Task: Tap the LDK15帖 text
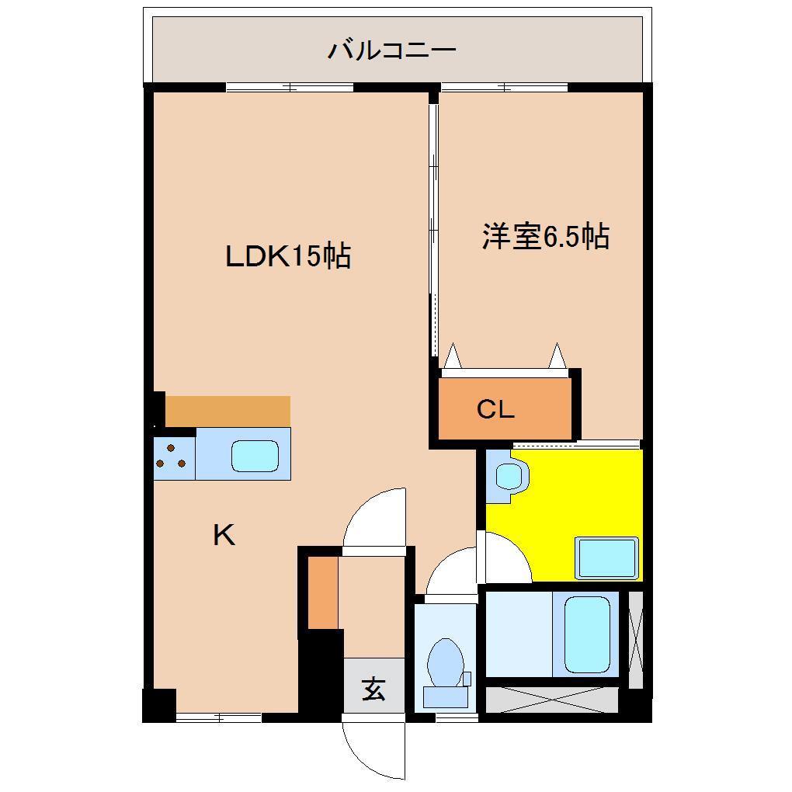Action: point(288,255)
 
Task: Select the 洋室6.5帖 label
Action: point(545,237)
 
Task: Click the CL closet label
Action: point(495,409)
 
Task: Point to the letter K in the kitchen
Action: point(224,535)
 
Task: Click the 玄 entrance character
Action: point(374,689)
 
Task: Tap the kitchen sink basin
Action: point(255,455)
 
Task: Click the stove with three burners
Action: point(174,455)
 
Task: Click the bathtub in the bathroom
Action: point(586,634)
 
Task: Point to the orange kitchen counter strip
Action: point(227,411)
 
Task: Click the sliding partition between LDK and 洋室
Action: point(433,225)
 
